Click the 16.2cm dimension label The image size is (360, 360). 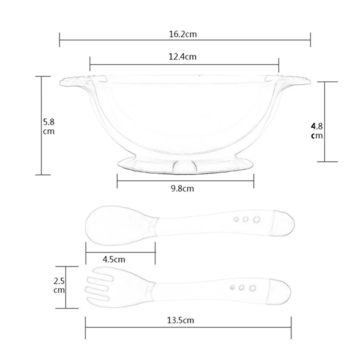(x=183, y=35)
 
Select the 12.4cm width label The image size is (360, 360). (x=183, y=57)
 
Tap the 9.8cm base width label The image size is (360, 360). (x=182, y=189)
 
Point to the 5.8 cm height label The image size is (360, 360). (x=49, y=127)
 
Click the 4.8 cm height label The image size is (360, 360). (x=317, y=130)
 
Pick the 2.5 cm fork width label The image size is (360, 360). (x=59, y=286)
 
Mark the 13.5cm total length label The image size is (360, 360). (x=180, y=320)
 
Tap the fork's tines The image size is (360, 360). (x=98, y=285)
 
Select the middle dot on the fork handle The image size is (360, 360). (x=242, y=287)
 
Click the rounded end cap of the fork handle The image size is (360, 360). (x=281, y=292)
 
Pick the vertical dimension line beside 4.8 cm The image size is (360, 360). (x=325, y=122)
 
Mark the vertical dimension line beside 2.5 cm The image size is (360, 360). (x=66, y=287)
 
